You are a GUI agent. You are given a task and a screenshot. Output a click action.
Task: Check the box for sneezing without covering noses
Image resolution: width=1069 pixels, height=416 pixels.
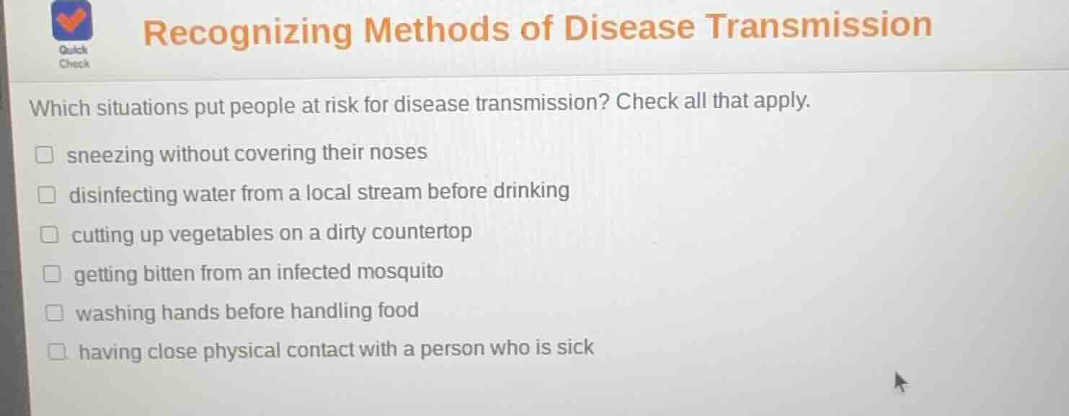(45, 155)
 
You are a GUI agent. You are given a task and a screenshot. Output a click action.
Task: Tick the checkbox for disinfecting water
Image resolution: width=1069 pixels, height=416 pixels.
(47, 195)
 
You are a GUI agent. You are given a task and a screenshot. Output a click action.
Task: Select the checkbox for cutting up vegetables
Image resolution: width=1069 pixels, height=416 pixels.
(49, 235)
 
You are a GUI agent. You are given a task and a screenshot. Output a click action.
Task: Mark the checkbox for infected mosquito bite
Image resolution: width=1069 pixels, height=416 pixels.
(51, 275)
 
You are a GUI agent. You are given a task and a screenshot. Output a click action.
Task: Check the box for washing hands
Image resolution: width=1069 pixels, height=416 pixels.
(54, 314)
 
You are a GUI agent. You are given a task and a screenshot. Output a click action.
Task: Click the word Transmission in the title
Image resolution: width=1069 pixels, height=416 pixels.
(818, 26)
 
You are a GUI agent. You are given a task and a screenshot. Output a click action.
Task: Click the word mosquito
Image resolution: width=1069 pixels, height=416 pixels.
(401, 272)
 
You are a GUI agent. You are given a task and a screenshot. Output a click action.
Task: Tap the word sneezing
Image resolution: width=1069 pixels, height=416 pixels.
(110, 155)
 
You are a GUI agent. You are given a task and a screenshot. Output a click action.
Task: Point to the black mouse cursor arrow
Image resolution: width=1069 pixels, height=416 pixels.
(900, 381)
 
